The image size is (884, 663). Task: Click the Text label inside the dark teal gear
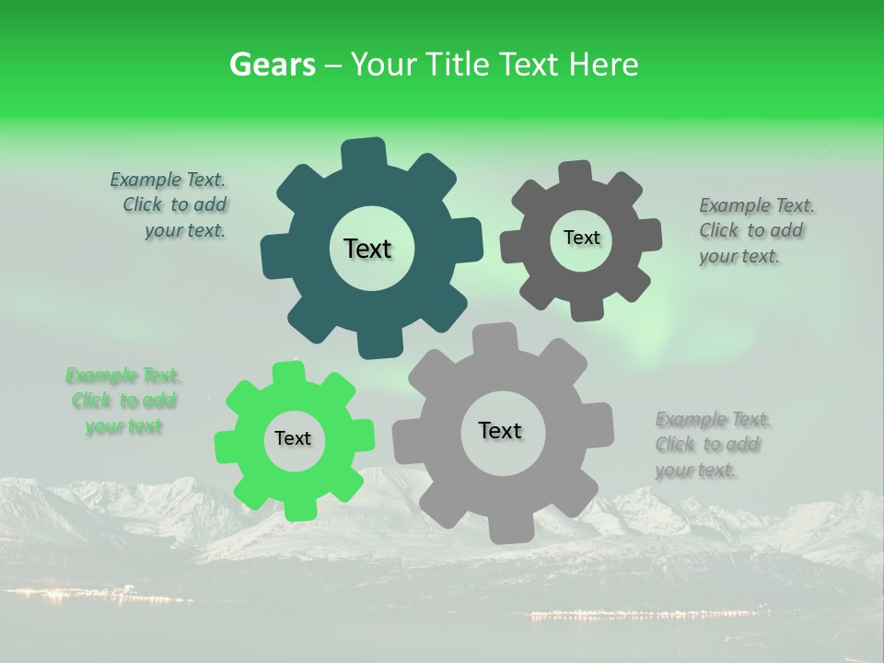pos(368,249)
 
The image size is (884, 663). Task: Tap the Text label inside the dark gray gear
pos(581,238)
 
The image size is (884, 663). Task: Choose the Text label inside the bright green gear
pos(293,439)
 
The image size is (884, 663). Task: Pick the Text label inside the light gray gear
pos(500,430)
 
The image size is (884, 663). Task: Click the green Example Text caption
pos(123,401)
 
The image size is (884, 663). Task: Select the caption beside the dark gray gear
pos(757,231)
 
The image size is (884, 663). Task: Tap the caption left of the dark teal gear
pos(170,205)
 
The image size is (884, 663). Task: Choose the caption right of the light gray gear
pos(712,445)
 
